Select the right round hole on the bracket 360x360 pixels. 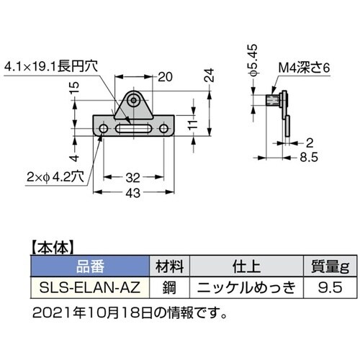[167, 130]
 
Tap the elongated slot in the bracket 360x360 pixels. [136, 130]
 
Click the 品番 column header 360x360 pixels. [88, 265]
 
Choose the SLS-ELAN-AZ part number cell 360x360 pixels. [88, 286]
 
